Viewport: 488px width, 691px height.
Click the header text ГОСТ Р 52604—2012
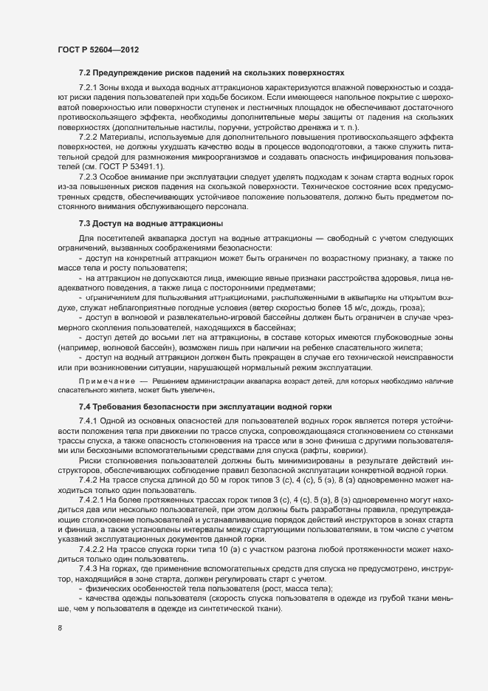point(98,49)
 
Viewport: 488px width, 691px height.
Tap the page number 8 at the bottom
point(60,628)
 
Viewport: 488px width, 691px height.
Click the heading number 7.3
point(84,222)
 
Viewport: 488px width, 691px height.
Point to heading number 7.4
point(84,407)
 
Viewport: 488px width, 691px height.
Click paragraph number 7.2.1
point(89,88)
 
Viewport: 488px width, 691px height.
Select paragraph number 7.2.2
point(89,137)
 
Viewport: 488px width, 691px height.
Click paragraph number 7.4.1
point(89,421)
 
